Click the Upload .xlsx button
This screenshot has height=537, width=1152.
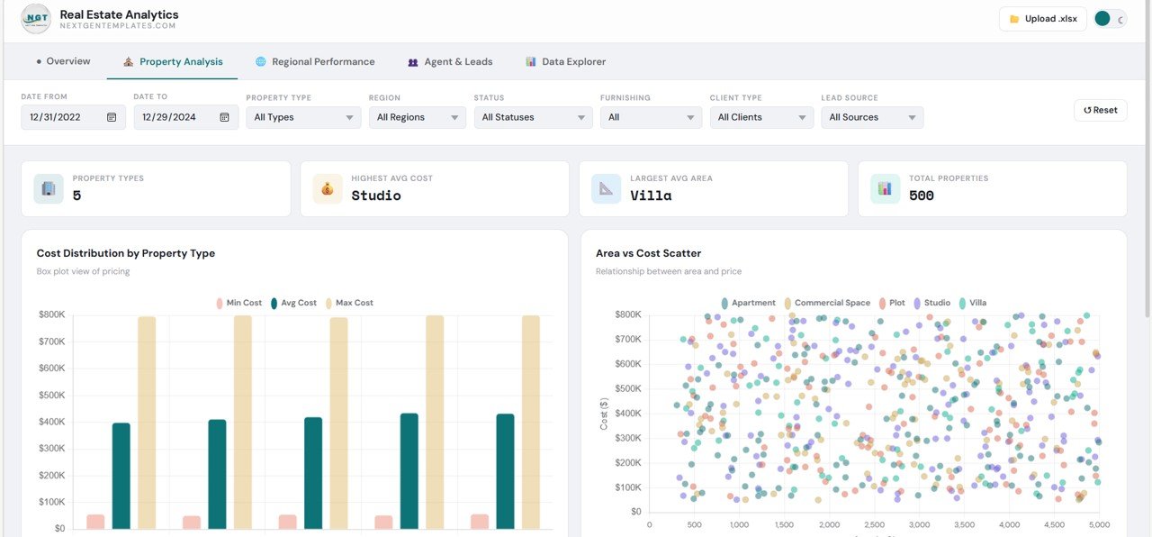point(1042,19)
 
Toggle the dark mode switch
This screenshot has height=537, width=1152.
point(1110,19)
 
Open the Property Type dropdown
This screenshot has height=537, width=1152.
point(303,117)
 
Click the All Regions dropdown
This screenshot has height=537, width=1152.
point(417,117)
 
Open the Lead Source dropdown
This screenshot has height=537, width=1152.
point(871,117)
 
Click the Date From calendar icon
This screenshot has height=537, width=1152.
point(112,117)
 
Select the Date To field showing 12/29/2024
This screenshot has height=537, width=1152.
point(175,117)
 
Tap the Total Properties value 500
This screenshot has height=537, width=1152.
point(922,196)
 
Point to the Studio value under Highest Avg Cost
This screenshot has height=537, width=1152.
point(376,196)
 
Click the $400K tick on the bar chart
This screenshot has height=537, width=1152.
point(52,422)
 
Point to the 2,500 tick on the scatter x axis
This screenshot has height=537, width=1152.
point(874,524)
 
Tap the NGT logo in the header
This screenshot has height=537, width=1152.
point(36,18)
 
